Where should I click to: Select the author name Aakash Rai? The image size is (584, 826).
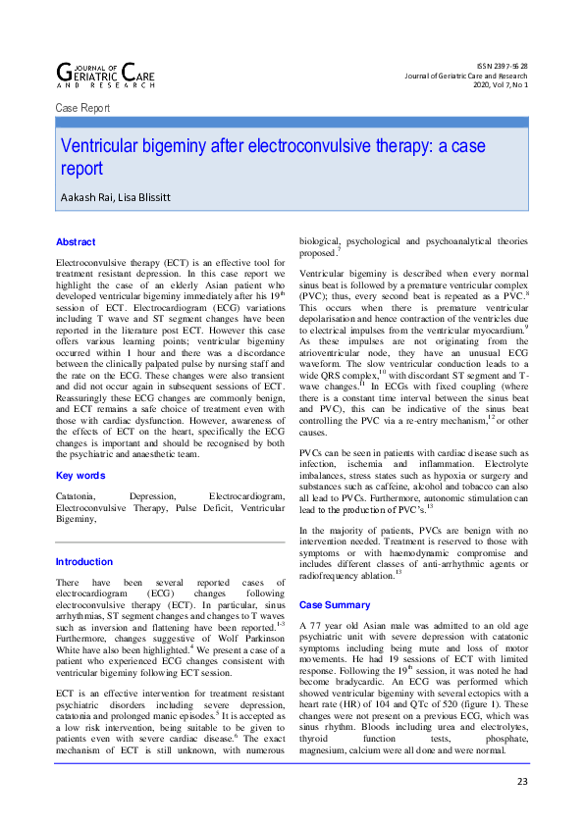tap(87, 196)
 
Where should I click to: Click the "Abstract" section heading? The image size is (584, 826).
tap(76, 241)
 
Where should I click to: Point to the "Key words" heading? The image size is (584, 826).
tap(80, 476)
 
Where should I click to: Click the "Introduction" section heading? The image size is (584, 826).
tap(83, 562)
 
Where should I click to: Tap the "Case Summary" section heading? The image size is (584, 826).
tap(335, 605)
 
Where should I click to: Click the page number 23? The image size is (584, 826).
tap(521, 781)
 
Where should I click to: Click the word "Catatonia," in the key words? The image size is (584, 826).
tap(79, 498)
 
